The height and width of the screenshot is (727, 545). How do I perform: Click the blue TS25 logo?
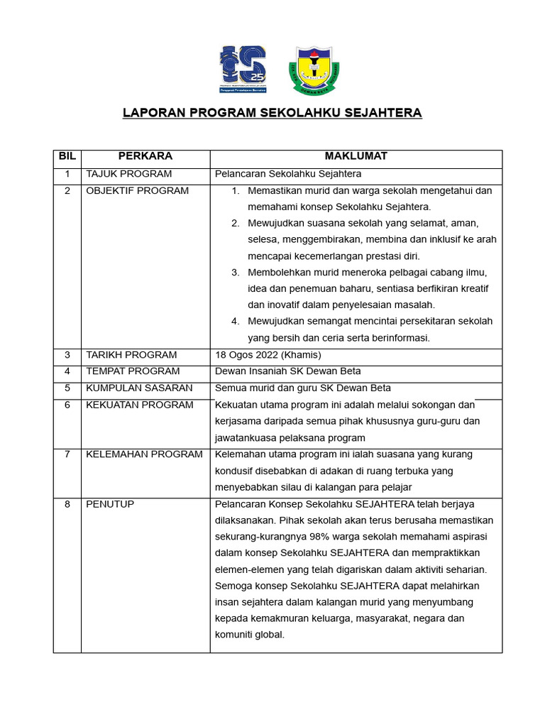243,68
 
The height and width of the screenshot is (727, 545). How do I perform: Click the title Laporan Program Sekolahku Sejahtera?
272,113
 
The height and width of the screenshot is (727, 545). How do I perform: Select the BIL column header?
67,156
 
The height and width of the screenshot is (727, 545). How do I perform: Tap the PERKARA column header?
145,156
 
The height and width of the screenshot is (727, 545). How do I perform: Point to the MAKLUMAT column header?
356,156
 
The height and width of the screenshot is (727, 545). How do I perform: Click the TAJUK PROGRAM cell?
128,174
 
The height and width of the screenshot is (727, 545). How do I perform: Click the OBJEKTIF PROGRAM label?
137,190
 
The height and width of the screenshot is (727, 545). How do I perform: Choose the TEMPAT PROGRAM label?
133,371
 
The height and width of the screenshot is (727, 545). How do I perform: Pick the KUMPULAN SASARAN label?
139,388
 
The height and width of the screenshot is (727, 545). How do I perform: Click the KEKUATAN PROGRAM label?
139,405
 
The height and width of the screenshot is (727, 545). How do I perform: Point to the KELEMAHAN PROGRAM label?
144,454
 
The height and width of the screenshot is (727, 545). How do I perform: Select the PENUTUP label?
110,504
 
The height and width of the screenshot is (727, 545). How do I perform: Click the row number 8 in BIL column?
67,504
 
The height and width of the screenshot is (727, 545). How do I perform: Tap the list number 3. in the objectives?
236,273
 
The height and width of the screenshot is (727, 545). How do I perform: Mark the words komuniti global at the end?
248,635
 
